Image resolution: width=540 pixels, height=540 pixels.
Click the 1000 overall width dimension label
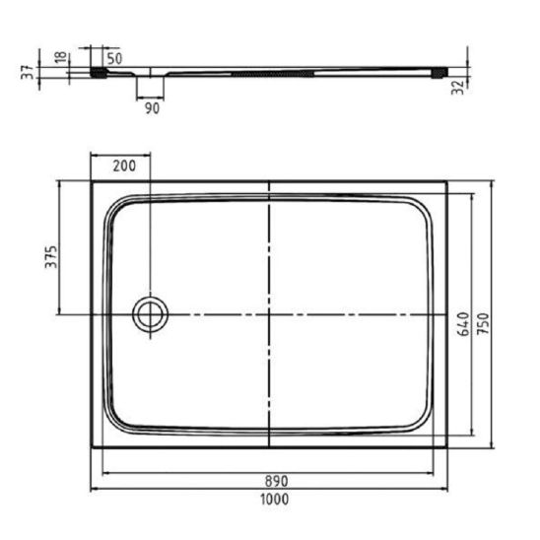pos(275,499)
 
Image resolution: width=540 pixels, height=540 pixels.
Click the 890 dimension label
pos(277,481)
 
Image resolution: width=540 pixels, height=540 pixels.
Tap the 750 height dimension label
pos(484,323)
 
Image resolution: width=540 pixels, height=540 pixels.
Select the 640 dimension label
pos(464,324)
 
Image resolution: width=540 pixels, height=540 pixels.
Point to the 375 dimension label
pos(51,257)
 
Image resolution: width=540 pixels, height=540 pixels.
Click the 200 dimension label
pos(124,166)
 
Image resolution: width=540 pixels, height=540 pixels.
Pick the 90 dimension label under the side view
pos(152,108)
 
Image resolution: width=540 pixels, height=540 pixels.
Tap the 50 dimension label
pos(114,58)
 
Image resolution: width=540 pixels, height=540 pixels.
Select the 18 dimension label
pos(61,57)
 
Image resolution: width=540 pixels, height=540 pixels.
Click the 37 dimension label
pos(28,72)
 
